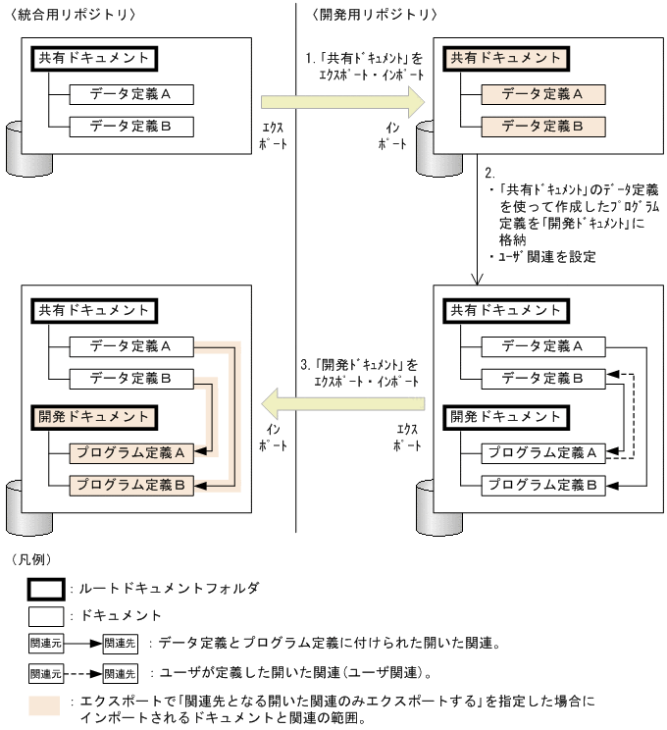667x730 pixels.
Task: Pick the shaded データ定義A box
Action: tap(542, 94)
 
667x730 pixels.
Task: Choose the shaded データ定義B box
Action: tap(542, 127)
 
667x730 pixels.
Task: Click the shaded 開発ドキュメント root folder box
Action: tap(94, 416)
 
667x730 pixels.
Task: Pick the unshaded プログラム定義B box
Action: tap(542, 485)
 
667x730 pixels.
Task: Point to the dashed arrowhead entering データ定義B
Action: tap(611, 374)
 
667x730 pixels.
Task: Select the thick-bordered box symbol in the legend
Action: tap(43, 589)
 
